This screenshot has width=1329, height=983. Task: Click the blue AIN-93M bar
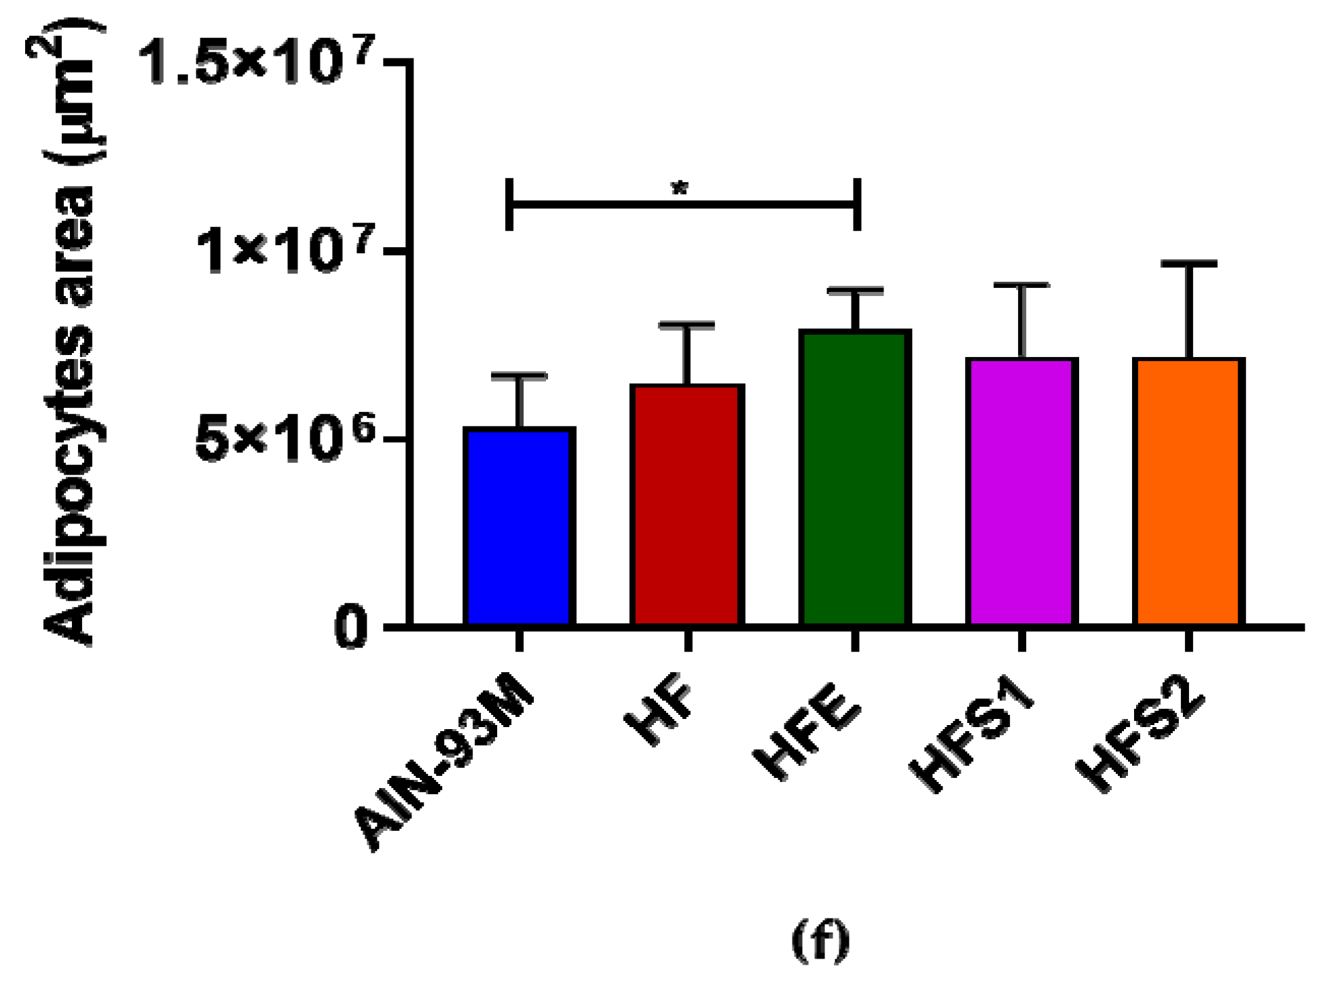point(520,526)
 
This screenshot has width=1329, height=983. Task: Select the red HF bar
point(687,505)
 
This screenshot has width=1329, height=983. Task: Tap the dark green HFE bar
point(855,478)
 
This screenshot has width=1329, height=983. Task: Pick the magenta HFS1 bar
point(1022,491)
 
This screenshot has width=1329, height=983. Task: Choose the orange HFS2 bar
point(1188,491)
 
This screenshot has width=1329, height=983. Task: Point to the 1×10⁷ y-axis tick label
point(285,251)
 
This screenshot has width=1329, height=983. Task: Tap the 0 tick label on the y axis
point(352,629)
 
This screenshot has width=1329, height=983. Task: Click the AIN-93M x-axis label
point(445,771)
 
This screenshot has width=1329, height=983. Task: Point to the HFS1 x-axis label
point(971,743)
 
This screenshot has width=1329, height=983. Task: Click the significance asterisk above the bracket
point(680,189)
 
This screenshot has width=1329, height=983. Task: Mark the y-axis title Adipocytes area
point(68,333)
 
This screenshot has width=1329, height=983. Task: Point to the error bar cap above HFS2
point(1188,263)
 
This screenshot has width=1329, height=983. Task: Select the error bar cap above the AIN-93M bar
point(520,375)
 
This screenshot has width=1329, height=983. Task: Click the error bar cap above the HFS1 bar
point(1022,285)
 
